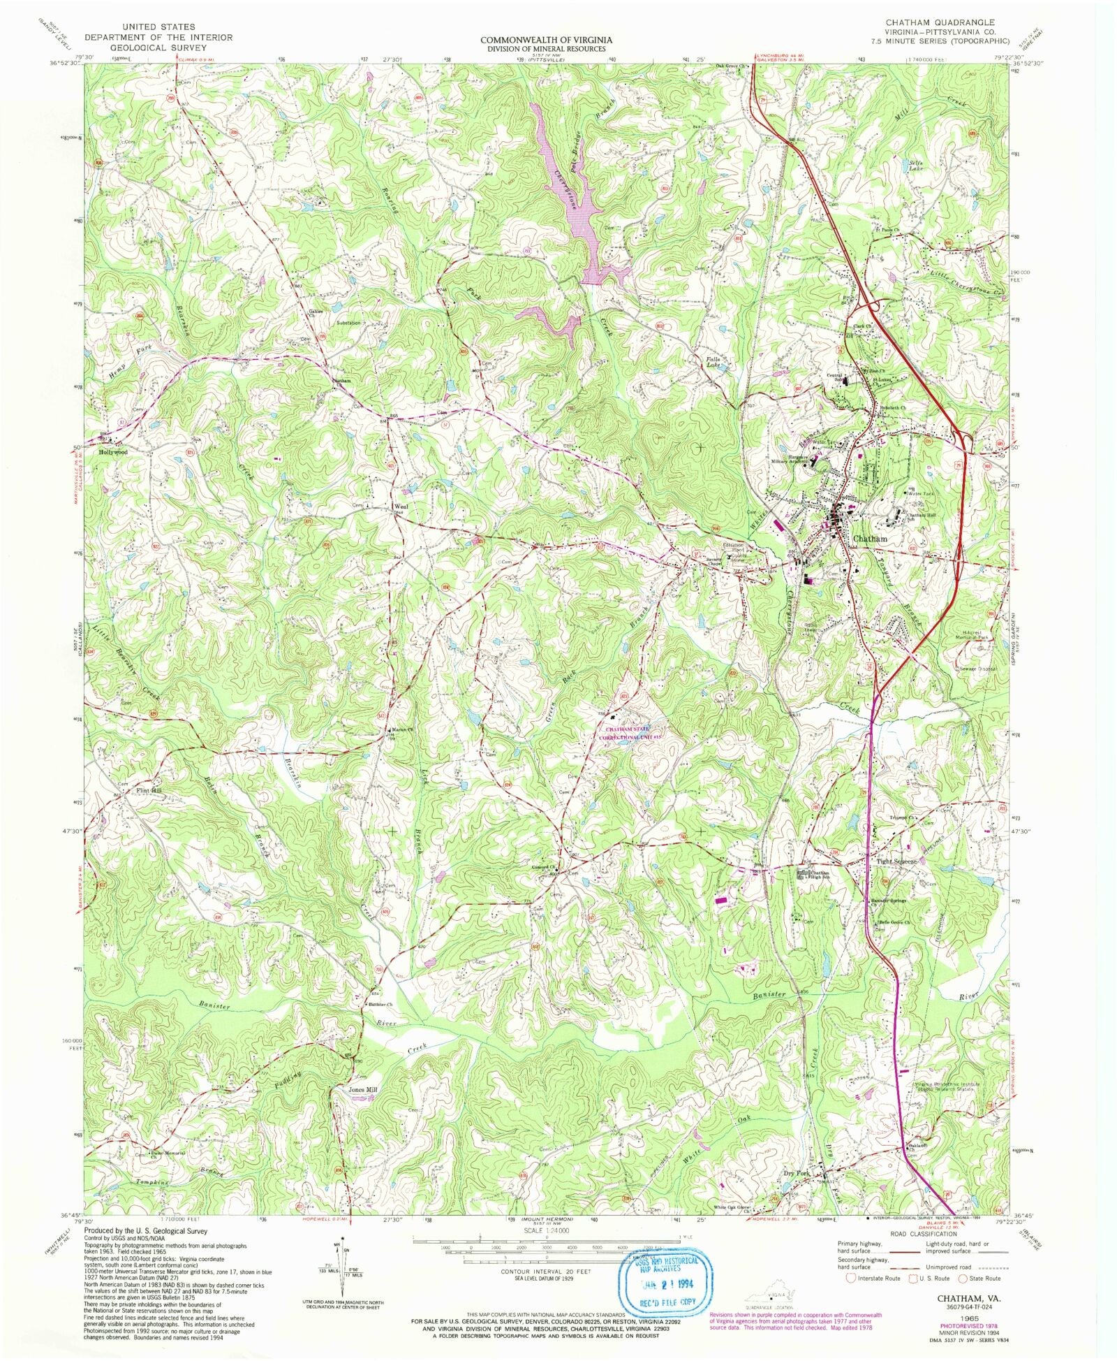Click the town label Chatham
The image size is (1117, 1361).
pos(871,539)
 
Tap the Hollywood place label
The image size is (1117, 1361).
pos(113,452)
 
